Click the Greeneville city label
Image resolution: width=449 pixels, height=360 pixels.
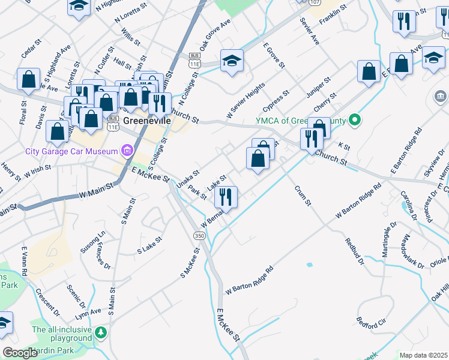(147, 121)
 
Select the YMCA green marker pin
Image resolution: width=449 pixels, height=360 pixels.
(355, 121)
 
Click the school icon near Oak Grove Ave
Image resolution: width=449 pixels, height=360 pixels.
(232, 61)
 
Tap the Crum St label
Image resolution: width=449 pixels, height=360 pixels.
(303, 196)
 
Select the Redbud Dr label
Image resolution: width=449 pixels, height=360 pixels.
(355, 251)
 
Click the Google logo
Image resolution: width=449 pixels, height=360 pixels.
(21, 353)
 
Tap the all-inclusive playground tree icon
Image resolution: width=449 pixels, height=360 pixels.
(101, 332)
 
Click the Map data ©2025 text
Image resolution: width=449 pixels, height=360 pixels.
(424, 355)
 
